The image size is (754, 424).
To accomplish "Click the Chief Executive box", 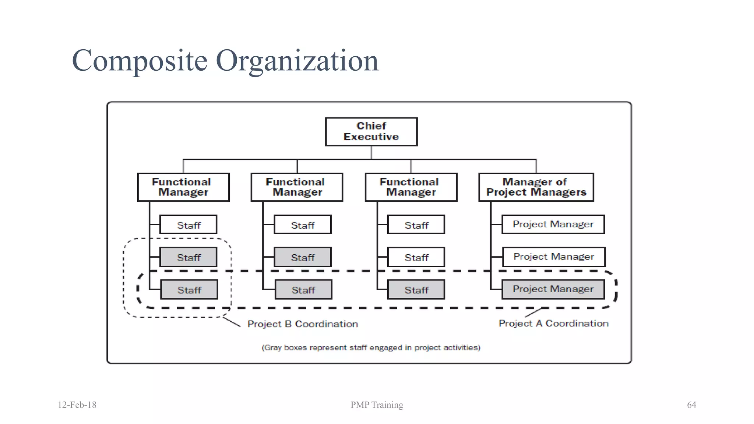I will point(371,132).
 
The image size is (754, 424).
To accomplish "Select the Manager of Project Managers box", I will point(536,187).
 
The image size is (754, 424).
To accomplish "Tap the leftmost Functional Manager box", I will point(183,187).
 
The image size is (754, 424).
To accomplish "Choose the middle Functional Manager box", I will point(297,187).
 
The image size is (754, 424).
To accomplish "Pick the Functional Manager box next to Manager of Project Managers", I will point(411,187).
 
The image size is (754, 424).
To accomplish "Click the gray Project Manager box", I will point(553,289).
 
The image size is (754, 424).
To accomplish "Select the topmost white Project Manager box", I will point(553,224).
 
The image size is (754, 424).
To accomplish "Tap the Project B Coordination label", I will point(303,324).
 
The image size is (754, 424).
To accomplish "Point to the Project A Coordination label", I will point(553,323).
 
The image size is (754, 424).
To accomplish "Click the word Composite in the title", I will point(140,61).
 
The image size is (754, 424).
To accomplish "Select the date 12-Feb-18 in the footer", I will point(77,405).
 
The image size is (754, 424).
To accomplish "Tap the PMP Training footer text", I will point(377,405).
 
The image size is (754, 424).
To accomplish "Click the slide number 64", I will point(691,405).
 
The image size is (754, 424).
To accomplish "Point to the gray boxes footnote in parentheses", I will point(371,347).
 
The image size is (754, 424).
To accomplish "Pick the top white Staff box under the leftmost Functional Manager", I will point(188,225).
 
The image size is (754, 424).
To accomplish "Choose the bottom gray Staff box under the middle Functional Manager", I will point(303,290).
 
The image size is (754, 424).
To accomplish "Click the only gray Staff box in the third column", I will point(416,290).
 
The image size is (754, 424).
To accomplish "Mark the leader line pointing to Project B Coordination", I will point(232,322).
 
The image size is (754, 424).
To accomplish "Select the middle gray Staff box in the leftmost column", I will point(188,257).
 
